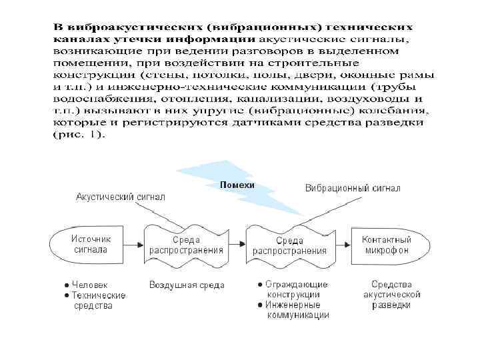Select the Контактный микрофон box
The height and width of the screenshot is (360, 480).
point(386,244)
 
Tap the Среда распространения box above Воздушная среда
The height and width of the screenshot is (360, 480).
point(186,245)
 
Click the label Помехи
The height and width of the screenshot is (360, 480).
point(237,183)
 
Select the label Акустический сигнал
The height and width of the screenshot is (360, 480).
point(121,197)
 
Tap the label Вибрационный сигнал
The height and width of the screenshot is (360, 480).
point(353,188)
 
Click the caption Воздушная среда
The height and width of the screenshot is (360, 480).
point(187,285)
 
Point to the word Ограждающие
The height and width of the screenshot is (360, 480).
point(297,284)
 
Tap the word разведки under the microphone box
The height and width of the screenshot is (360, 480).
point(391,305)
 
